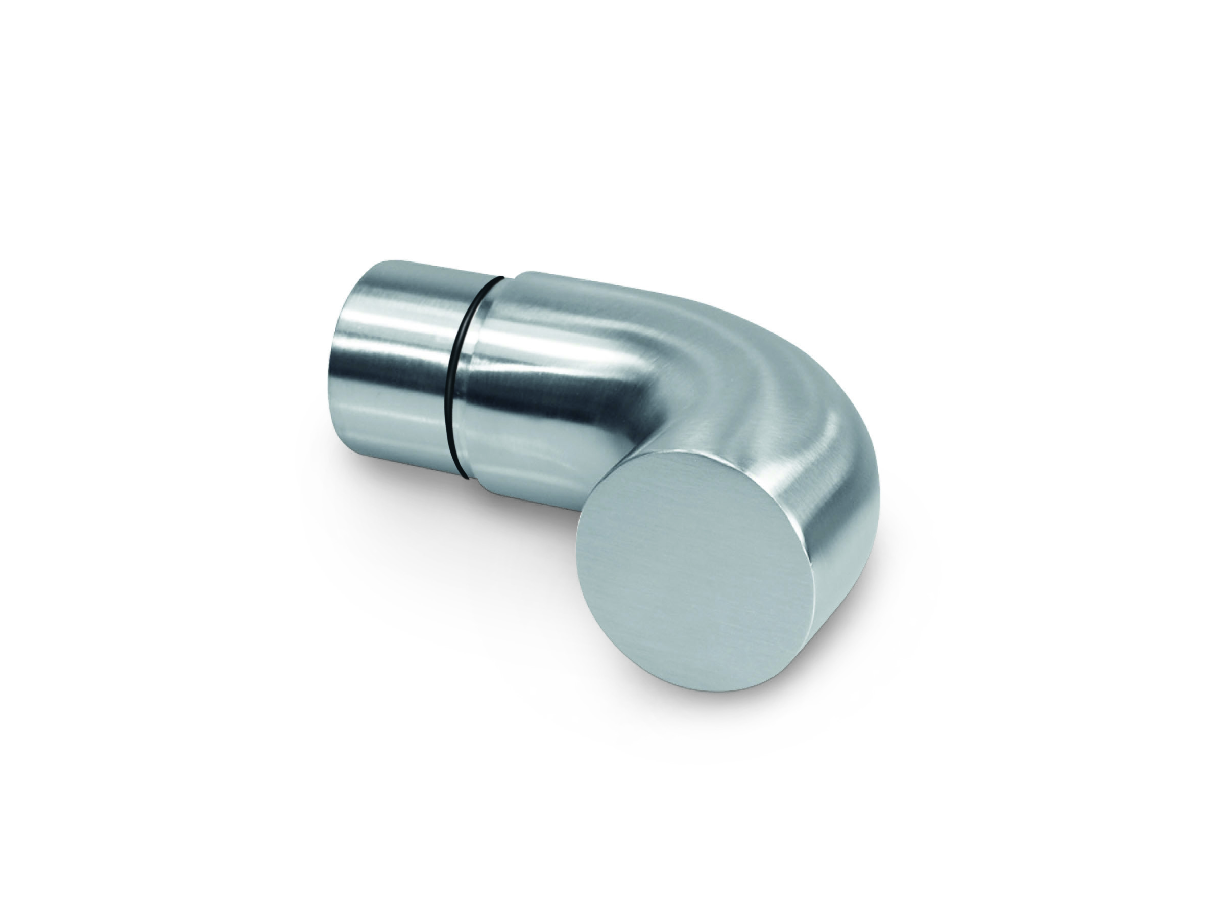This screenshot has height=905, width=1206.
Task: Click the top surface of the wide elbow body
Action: point(600,305)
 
